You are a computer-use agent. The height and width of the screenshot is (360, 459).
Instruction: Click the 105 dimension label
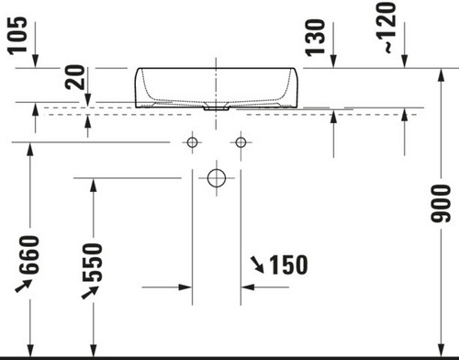(17, 36)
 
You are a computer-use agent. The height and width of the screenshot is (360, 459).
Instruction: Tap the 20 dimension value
(75, 77)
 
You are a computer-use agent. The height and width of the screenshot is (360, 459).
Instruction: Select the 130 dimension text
(315, 38)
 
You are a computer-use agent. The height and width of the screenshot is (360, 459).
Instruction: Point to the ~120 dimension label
(386, 28)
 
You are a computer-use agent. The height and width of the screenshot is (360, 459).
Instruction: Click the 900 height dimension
(441, 204)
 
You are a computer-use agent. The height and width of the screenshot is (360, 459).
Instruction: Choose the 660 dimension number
(29, 254)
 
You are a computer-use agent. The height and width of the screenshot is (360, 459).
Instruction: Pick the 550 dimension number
(92, 263)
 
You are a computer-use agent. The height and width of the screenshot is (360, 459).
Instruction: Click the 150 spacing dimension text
(288, 264)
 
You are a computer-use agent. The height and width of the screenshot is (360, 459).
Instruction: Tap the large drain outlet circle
(217, 178)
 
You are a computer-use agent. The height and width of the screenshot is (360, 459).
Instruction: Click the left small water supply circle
(192, 142)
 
